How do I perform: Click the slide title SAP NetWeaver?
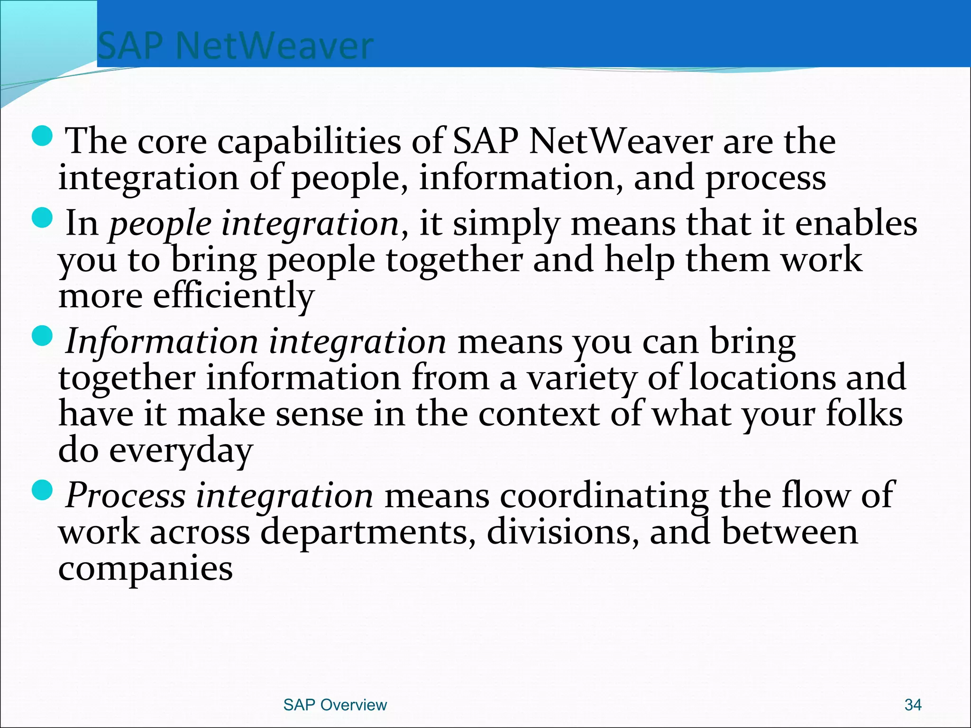point(235,46)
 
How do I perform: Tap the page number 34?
point(913,705)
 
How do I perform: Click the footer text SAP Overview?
point(335,705)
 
